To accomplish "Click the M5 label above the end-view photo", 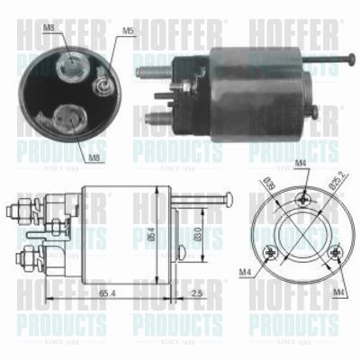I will click(x=128, y=31).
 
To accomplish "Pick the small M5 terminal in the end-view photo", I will click(x=104, y=88).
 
